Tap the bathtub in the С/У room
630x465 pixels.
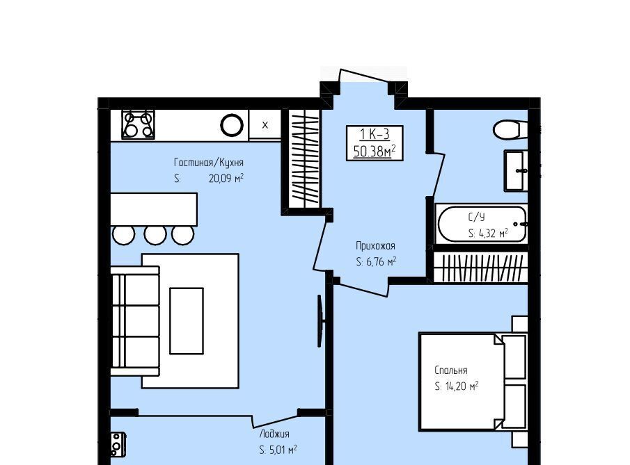[482, 225]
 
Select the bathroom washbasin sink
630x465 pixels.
[516, 171]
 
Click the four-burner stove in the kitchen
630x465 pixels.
[139, 124]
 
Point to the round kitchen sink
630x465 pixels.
[232, 125]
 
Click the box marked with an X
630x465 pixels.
[265, 125]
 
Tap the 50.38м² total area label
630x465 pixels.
[375, 152]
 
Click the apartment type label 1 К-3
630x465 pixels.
[375, 134]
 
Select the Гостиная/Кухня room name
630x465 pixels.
[209, 163]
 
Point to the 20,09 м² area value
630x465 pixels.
[226, 178]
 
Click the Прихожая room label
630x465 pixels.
[375, 245]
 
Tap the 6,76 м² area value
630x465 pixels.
[381, 261]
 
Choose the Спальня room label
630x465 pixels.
[451, 370]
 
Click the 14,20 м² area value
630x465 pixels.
[462, 386]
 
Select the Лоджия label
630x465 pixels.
[274, 434]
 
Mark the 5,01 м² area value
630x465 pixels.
[283, 450]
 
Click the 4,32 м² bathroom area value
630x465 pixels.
[493, 233]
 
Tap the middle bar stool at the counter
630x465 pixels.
[155, 235]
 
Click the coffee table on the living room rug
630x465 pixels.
[187, 321]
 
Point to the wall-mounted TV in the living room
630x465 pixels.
[320, 321]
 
